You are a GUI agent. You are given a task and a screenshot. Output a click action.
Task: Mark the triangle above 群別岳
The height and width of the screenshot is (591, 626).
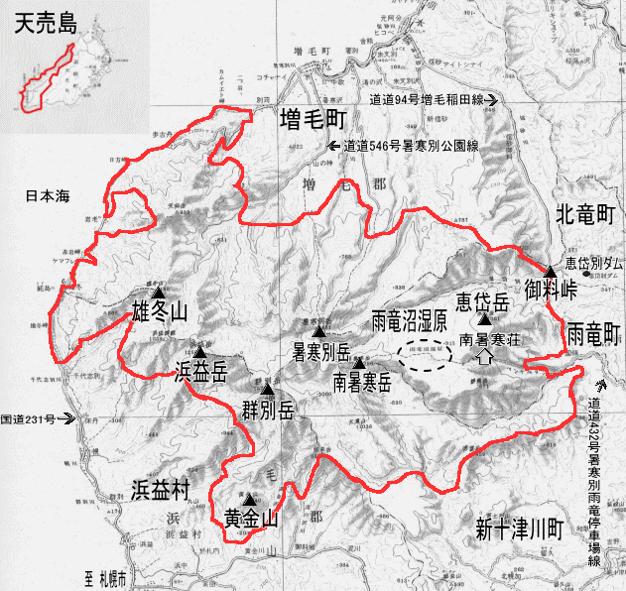(267, 389)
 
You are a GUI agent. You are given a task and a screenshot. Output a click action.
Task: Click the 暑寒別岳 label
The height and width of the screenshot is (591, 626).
(313, 351)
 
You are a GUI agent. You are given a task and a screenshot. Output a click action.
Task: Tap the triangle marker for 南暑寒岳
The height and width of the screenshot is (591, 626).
(359, 364)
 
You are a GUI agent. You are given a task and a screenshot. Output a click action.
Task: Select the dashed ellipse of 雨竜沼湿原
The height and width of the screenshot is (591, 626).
(427, 355)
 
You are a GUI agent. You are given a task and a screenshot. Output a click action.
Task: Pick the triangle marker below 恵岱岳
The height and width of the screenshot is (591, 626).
(483, 319)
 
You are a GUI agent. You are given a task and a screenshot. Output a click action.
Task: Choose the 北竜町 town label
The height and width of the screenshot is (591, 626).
(585, 213)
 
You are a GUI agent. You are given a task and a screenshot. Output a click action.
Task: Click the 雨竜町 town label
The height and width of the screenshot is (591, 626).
(593, 332)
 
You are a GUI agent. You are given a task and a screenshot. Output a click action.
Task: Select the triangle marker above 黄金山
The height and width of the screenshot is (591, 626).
(251, 500)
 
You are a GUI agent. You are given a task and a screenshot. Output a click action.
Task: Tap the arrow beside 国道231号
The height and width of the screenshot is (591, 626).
(68, 418)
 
